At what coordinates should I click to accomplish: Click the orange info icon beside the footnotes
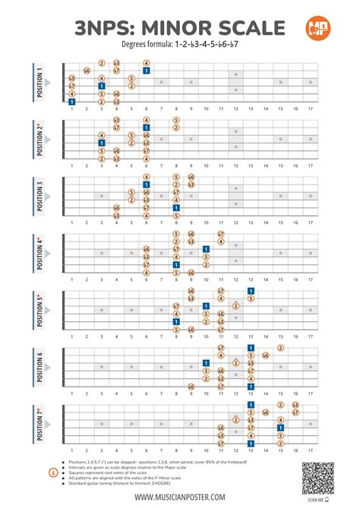click(x=52, y=473)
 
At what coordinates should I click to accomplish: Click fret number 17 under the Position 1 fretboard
click(x=310, y=109)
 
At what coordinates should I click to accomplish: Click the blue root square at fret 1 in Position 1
click(x=71, y=101)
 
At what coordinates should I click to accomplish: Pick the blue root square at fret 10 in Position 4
click(x=206, y=249)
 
